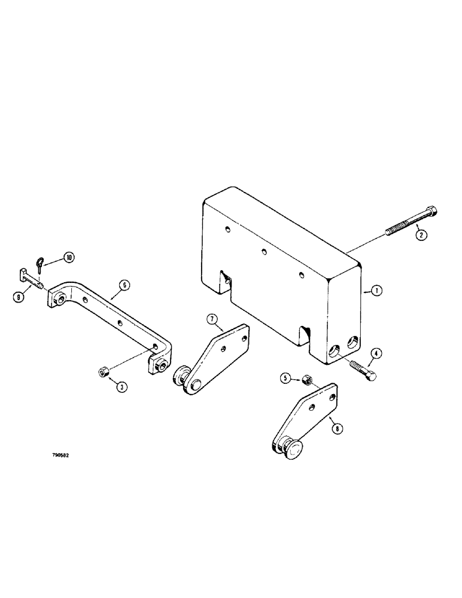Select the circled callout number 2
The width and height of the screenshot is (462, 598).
pyautogui.click(x=421, y=235)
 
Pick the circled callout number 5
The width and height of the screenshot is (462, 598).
pyautogui.click(x=285, y=378)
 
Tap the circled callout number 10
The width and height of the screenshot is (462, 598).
pyautogui.click(x=69, y=258)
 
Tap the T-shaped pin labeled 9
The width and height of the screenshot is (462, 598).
pyautogui.click(x=28, y=278)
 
